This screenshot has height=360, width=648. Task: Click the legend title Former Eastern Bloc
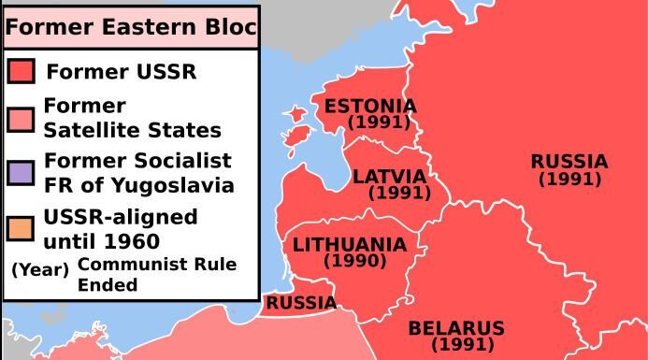(129, 27)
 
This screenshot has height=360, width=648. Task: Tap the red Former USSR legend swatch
(21, 71)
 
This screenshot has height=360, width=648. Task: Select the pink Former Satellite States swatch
(21, 119)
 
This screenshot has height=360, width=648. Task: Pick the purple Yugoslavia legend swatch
(21, 173)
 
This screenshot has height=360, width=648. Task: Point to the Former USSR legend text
(121, 72)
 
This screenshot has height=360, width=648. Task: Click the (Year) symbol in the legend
(39, 269)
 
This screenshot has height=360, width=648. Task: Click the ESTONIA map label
(370, 106)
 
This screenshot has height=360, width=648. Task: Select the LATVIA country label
(389, 177)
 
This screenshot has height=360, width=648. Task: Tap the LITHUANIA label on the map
(350, 245)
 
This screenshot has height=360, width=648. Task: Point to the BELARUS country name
(456, 329)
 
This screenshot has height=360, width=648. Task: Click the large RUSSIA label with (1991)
(569, 162)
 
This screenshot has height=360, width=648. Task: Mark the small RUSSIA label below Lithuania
(301, 303)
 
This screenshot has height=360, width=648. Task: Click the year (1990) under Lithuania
(354, 262)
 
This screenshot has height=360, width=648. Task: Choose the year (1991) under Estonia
(379, 122)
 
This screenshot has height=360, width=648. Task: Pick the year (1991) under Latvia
(399, 194)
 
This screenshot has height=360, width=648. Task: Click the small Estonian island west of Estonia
(296, 115)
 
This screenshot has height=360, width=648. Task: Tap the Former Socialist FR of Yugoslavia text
(138, 173)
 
